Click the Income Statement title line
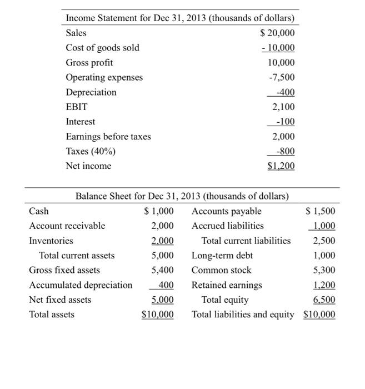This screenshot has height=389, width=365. click(x=180, y=18)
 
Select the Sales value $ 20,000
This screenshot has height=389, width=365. click(x=278, y=33)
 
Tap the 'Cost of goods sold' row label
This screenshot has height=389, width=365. click(x=102, y=48)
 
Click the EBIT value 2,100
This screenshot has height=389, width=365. click(x=283, y=107)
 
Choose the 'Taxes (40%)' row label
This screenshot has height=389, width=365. click(x=91, y=151)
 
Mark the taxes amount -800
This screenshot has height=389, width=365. click(x=286, y=151)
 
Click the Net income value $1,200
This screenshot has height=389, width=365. click(x=281, y=166)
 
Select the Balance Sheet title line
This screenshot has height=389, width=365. click(x=182, y=196)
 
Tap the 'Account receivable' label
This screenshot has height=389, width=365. click(x=67, y=226)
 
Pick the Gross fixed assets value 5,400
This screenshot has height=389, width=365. click(x=162, y=270)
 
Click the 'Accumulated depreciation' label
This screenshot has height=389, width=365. click(x=81, y=285)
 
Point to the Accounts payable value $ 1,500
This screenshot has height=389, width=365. click(x=321, y=211)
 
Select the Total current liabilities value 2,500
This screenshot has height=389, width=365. click(x=324, y=241)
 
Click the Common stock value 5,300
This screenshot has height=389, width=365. click(x=324, y=270)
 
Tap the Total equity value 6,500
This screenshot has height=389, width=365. click(x=324, y=300)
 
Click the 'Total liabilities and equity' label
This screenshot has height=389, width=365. click(x=243, y=315)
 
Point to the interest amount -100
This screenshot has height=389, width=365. click(x=286, y=121)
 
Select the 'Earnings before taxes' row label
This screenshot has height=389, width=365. click(x=108, y=136)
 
